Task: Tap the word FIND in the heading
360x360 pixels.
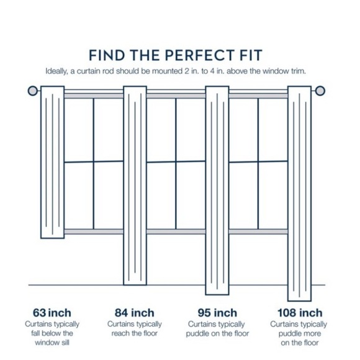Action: pos(107,55)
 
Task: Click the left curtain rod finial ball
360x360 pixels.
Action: pos(33,91)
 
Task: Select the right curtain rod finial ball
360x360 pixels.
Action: pos(320,91)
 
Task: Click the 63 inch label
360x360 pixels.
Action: pos(52,313)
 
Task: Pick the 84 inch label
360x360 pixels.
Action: pos(135,313)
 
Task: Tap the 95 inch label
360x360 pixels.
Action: pos(217,313)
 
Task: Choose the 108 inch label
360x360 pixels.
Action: pos(300,313)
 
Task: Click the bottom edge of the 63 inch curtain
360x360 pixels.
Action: pos(53,238)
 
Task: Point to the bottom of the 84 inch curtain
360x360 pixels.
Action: pos(135,285)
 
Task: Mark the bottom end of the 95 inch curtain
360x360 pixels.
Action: pos(217,295)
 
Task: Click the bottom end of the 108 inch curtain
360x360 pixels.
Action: pos(300,300)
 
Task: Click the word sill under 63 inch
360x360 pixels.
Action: pos(65,343)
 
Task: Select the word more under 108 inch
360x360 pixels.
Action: pos(313,333)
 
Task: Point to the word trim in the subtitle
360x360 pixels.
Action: pos(299,71)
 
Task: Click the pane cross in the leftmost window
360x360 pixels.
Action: pos(94,161)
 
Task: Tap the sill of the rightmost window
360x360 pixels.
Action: pos(258,232)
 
